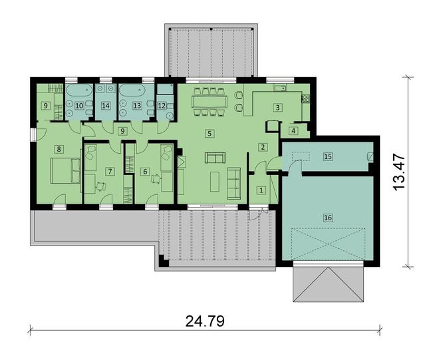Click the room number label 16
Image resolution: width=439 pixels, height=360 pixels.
[x=328, y=218]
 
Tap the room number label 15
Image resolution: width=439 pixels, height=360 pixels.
[x=328, y=156]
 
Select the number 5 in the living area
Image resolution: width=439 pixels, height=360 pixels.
[x=210, y=133]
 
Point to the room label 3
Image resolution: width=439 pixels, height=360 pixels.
[x=277, y=107]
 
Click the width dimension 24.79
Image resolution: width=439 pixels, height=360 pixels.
[x=205, y=321]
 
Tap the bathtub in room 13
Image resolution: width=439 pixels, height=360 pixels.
[x=132, y=90]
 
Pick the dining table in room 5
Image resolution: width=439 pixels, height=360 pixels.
[x=210, y=102]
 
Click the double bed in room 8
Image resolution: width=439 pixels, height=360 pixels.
[x=65, y=170]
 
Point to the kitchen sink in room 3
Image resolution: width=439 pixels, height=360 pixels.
[x=281, y=89]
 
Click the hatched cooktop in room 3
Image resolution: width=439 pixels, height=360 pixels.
[x=305, y=98]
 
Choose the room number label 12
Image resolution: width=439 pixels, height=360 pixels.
[x=162, y=106]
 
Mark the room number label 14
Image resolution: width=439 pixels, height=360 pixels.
[x=106, y=106]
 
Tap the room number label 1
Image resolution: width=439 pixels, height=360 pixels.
[x=261, y=190]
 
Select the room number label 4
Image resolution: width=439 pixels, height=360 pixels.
[x=293, y=131]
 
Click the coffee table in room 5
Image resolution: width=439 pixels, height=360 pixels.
[x=215, y=182]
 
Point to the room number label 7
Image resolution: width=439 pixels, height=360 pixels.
[x=110, y=171]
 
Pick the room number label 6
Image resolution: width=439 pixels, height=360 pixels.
[x=145, y=171]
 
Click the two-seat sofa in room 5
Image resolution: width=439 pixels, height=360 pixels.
[x=215, y=158]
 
